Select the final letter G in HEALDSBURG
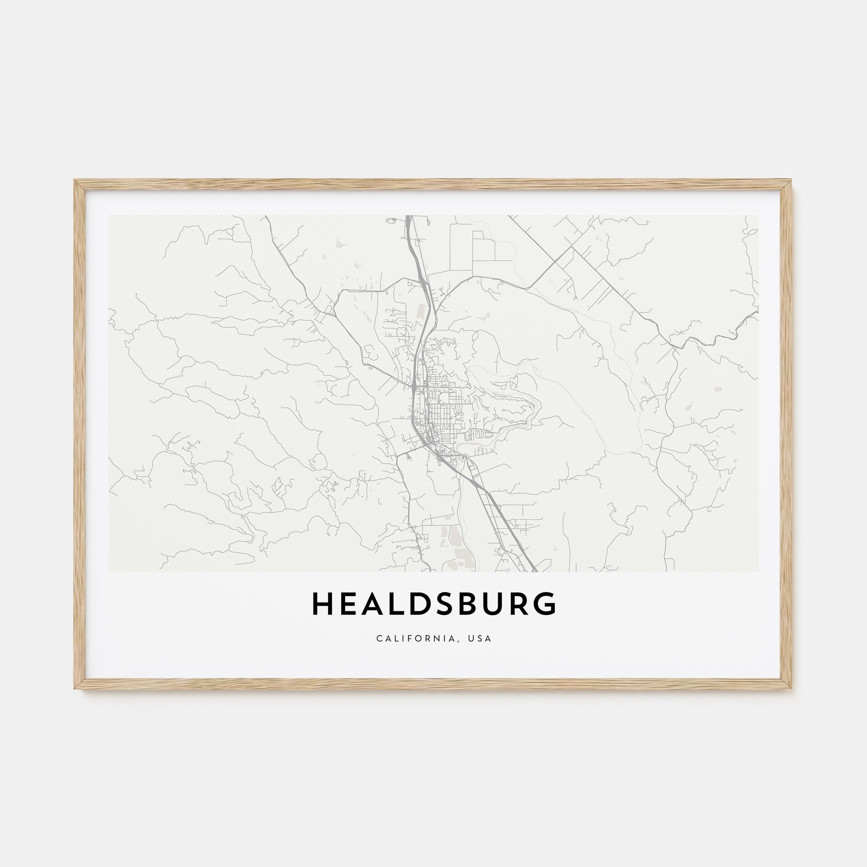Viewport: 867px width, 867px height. (545, 603)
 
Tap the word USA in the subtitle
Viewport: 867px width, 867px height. (482, 639)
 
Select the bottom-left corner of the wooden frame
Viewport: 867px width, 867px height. (75, 688)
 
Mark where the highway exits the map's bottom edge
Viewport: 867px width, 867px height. (535, 570)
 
